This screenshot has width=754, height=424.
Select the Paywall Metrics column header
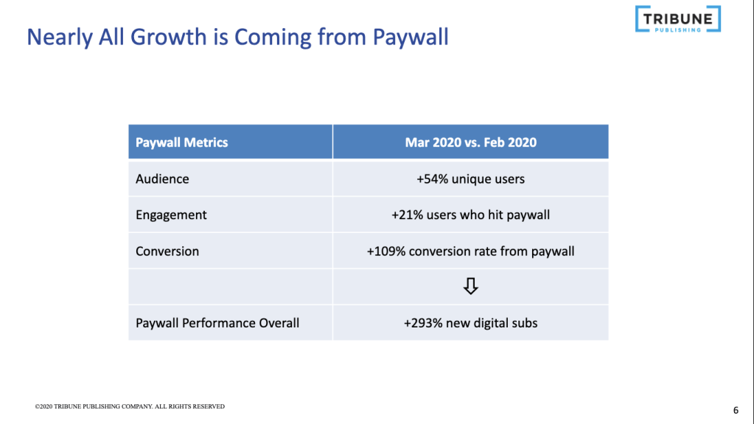[182, 142]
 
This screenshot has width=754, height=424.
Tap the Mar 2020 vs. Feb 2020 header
[470, 142]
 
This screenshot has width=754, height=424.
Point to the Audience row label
[162, 179]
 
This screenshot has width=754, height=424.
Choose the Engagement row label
[171, 215]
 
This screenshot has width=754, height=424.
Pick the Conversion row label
[167, 251]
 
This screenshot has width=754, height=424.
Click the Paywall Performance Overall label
[217, 323]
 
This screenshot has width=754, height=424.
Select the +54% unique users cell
[470, 179]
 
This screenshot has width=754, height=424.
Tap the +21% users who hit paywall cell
[470, 215]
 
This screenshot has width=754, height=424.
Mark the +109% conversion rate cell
[470, 251]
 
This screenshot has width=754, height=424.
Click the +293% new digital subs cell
[470, 323]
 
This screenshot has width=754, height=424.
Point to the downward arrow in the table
[470, 287]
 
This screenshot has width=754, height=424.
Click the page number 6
[736, 410]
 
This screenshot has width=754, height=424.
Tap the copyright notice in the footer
[130, 406]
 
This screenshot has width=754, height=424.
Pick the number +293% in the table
[422, 323]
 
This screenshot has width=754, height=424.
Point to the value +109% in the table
[385, 251]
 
